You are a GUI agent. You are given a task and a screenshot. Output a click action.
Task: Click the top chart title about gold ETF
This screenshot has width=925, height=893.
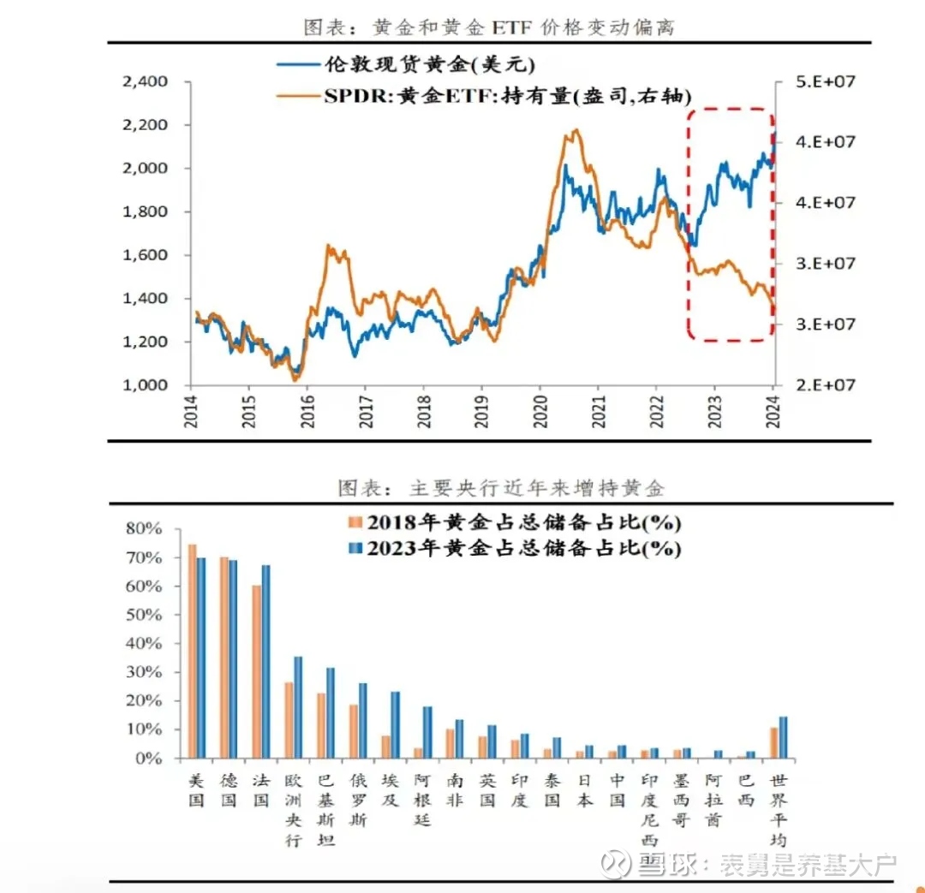click(489, 27)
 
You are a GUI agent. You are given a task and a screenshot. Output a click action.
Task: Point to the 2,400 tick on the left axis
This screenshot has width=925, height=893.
click(145, 82)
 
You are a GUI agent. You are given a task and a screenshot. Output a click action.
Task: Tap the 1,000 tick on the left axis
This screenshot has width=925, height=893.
click(145, 385)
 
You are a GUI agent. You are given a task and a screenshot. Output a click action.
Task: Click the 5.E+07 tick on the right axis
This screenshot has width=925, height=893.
click(821, 80)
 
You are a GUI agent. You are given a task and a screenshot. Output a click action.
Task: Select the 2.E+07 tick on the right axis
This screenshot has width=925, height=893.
click(821, 385)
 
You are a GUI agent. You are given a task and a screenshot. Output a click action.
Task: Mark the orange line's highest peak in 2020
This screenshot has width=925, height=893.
click(575, 131)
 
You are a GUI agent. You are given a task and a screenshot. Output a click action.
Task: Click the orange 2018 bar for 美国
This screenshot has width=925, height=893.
click(192, 651)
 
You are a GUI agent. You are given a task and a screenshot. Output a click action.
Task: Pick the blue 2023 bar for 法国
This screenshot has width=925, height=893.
click(266, 661)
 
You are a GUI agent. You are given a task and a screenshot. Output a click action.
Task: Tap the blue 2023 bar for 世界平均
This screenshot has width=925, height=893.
click(783, 737)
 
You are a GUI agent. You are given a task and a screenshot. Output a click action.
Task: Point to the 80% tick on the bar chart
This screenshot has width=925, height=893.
click(143, 529)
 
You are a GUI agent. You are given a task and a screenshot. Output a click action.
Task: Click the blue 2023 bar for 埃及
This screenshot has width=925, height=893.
click(395, 724)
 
